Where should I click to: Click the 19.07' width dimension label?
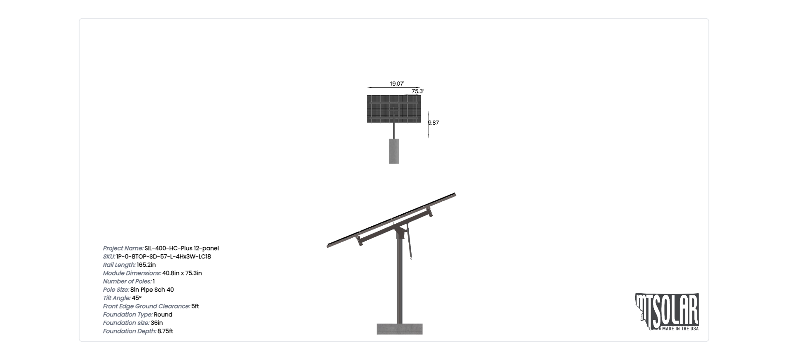click(x=397, y=84)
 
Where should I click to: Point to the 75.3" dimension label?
click(x=418, y=91)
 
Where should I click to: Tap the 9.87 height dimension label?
click(x=434, y=123)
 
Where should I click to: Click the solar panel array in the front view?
click(x=394, y=109)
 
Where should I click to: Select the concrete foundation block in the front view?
click(x=394, y=151)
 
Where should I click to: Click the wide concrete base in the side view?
click(x=400, y=329)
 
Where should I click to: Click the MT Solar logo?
click(x=667, y=312)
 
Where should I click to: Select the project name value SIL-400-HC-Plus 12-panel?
click(x=182, y=248)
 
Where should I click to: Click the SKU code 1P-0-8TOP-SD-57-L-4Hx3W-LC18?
click(x=164, y=256)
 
